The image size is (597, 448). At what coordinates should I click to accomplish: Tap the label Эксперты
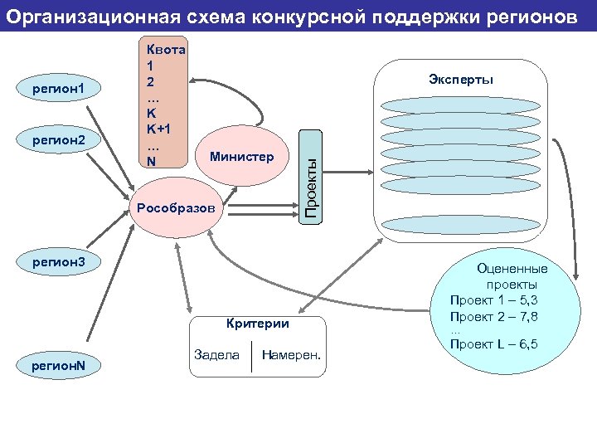click(x=461, y=80)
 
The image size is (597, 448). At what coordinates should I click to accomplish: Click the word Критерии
click(x=257, y=324)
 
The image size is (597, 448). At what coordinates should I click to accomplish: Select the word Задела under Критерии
click(x=216, y=355)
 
